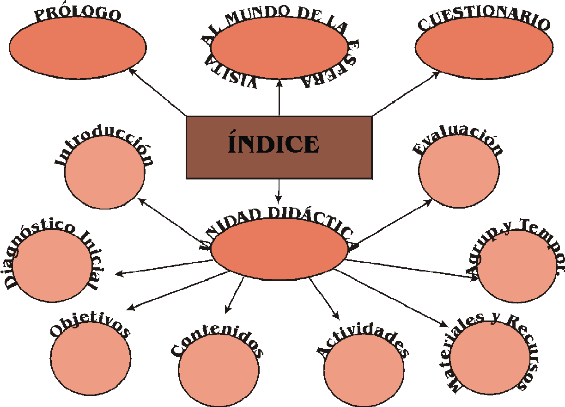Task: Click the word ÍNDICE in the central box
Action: pos(273,144)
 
